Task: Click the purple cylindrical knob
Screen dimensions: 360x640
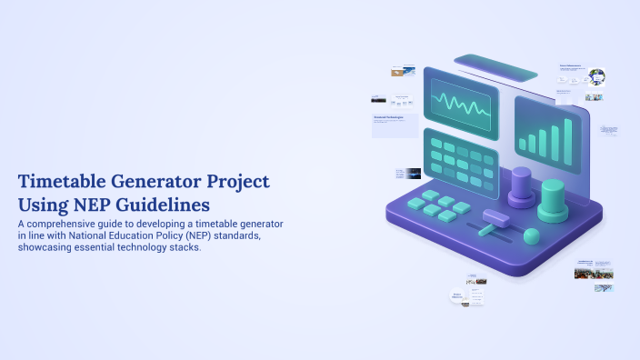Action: (521, 186)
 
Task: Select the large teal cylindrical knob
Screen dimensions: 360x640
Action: (552, 201)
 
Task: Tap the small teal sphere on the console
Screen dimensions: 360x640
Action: (531, 236)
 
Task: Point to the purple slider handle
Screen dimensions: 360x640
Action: (494, 218)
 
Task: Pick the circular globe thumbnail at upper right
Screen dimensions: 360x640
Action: (596, 77)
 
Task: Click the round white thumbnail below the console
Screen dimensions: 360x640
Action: (458, 295)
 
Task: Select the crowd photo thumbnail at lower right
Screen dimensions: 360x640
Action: (594, 273)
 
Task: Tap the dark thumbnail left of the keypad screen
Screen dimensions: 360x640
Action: (413, 173)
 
